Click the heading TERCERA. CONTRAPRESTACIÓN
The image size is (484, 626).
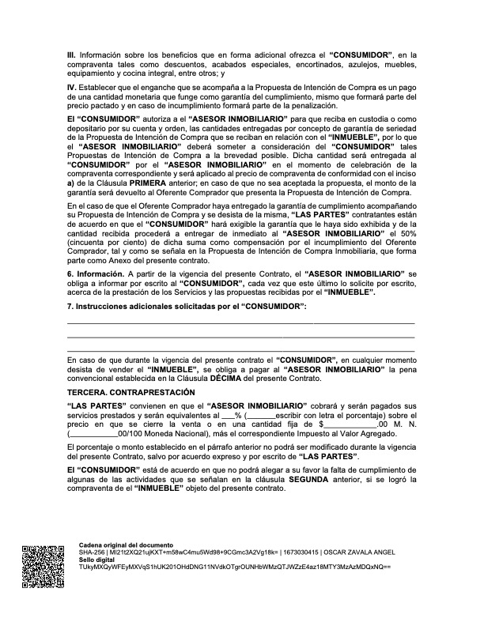[130, 393]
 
